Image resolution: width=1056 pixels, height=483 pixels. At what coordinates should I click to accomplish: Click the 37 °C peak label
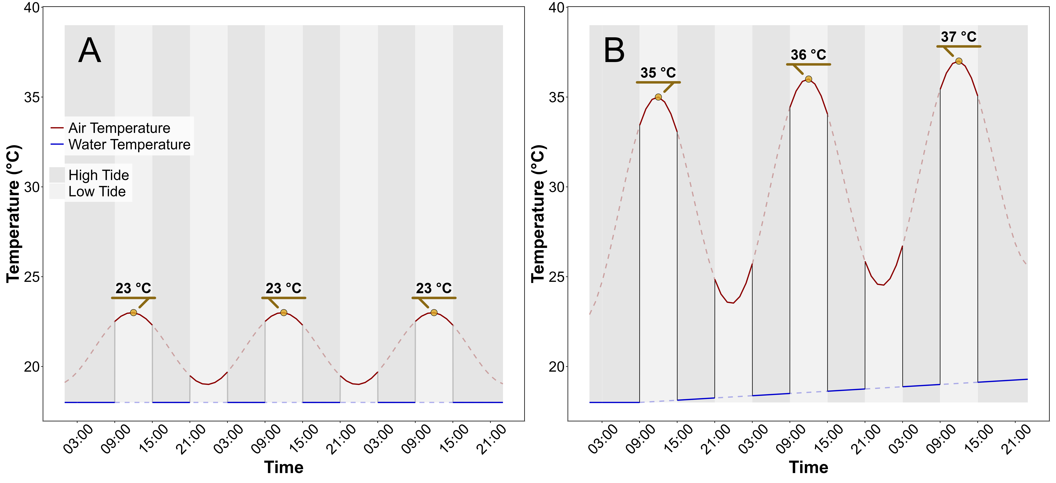tap(958, 37)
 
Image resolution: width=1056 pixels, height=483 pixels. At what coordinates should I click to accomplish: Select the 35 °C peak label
tap(658, 73)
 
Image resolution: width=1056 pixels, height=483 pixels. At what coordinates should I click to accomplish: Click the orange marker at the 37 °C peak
tap(958, 61)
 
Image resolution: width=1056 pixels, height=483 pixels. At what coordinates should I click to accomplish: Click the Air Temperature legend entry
tap(119, 128)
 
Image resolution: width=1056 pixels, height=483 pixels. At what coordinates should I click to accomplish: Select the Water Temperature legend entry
tap(129, 144)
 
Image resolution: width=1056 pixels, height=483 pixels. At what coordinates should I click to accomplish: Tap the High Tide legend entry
tap(98, 175)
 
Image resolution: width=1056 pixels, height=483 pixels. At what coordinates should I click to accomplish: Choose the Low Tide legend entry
tap(97, 191)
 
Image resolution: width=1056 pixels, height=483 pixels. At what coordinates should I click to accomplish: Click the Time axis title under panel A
tap(284, 467)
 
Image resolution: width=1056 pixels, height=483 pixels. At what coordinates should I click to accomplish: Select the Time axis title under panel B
tap(808, 467)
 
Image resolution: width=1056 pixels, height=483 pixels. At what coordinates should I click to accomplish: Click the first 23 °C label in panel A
tap(133, 288)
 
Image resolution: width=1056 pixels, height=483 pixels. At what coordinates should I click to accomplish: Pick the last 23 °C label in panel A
tap(434, 288)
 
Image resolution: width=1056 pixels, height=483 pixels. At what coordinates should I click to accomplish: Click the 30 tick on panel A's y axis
tap(31, 187)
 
